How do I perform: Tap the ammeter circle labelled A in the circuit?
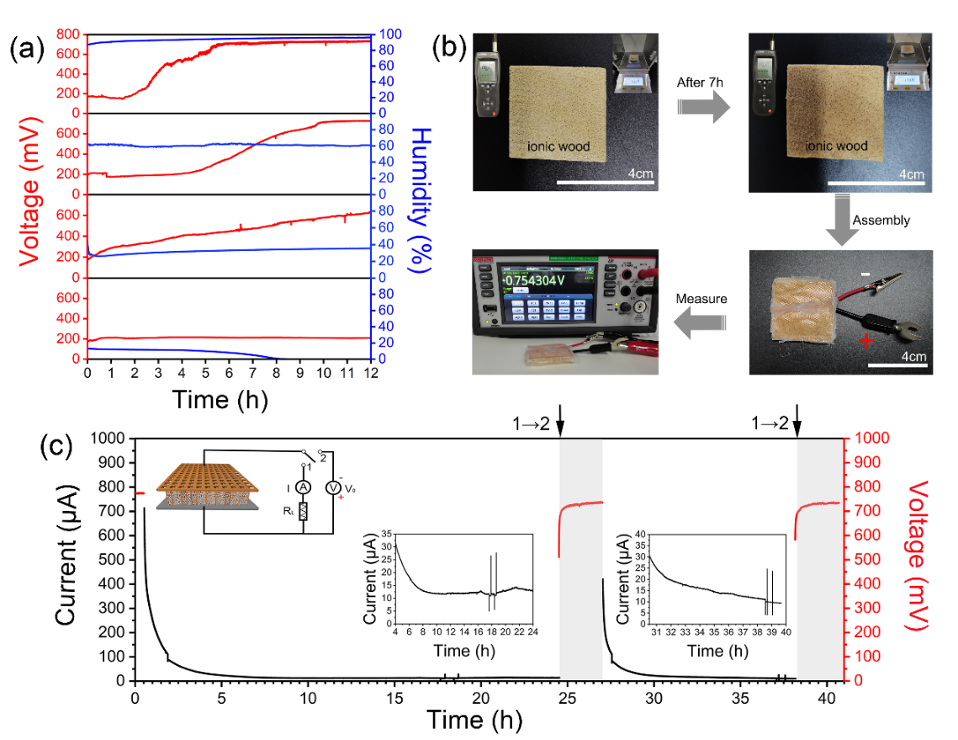coord(306,487)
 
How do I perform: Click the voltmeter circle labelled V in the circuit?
coord(333,487)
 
